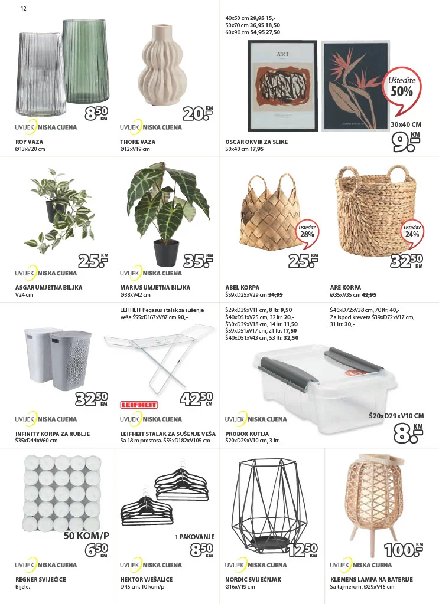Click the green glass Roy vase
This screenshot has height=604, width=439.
[x=86, y=62]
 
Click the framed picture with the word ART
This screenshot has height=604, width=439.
[x=282, y=86]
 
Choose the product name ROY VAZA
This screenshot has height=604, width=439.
[x=29, y=142]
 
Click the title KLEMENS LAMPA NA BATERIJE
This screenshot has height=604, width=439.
[x=371, y=579]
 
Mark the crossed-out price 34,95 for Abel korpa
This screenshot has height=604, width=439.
[x=275, y=294]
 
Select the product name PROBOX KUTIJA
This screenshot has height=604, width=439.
[x=248, y=434]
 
